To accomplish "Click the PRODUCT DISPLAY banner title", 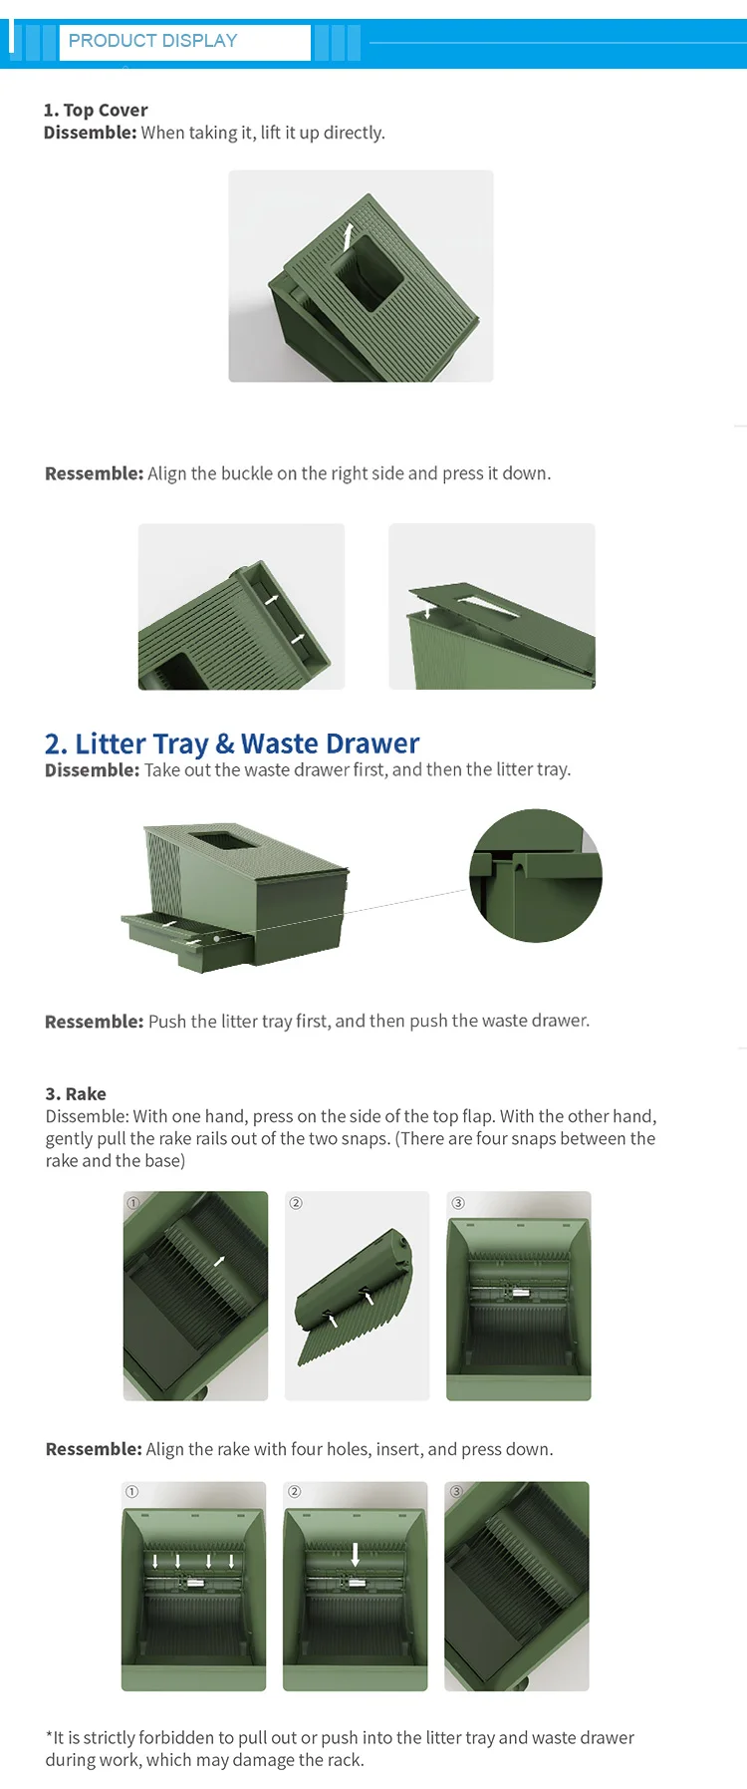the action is click(152, 41).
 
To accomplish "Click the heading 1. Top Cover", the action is click(96, 110).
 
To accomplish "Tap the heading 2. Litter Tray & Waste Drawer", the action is click(232, 744).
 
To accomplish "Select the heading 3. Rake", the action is click(76, 1093).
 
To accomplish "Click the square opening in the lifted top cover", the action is click(368, 271).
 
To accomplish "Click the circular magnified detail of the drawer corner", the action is click(536, 876).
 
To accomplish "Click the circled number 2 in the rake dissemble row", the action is click(296, 1203).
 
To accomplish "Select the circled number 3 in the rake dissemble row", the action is click(458, 1203).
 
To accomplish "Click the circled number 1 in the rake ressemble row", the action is click(131, 1492).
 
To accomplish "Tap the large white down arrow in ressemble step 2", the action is click(356, 1554).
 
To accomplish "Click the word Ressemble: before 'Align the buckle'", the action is click(95, 473).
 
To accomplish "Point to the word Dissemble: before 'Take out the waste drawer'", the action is click(92, 769).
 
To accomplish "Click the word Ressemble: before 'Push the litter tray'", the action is click(95, 1022).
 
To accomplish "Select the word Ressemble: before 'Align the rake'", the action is click(95, 1449).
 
